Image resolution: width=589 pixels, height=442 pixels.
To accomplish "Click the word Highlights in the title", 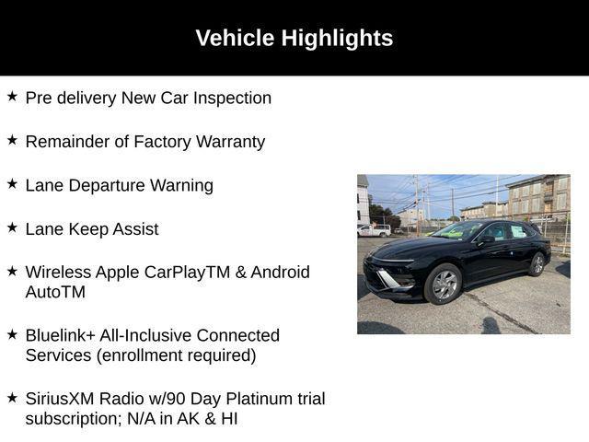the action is (x=337, y=39).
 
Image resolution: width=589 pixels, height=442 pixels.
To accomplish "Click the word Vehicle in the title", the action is (x=235, y=38).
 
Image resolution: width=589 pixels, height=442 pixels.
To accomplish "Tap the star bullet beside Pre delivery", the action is (x=12, y=96).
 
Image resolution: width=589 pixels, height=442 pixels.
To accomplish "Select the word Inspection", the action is (x=232, y=99).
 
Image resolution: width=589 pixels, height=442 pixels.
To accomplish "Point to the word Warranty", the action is (x=230, y=142).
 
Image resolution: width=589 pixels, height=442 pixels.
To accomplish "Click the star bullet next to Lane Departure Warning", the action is (x=12, y=184).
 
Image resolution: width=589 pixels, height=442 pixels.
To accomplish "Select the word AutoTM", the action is (x=55, y=292).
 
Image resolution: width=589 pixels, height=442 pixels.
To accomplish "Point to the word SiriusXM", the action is (x=59, y=399).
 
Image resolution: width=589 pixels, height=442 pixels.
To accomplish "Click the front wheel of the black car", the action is (x=444, y=284).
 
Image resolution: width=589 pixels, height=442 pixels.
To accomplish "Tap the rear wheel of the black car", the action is (x=537, y=264).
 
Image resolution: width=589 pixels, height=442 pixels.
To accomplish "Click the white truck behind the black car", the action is (x=374, y=229).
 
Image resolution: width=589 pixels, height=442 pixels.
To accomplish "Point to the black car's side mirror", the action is (x=486, y=239).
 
